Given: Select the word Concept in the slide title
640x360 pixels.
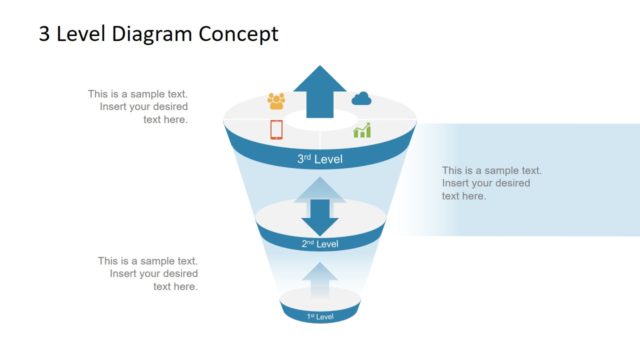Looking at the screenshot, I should pyautogui.click(x=239, y=35).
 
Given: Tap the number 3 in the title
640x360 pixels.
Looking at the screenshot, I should pyautogui.click(x=44, y=35).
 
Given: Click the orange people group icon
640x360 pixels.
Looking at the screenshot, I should pyautogui.click(x=276, y=100).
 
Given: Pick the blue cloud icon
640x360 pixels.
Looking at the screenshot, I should pyautogui.click(x=362, y=98).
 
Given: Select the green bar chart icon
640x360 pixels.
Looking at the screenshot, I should pyautogui.click(x=362, y=130).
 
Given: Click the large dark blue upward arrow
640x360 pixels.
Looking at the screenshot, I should pyautogui.click(x=320, y=91).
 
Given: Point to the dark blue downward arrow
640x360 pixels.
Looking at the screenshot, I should pyautogui.click(x=320, y=216).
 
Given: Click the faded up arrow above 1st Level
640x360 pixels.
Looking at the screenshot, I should pyautogui.click(x=320, y=279).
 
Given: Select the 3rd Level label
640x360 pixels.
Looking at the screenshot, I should pyautogui.click(x=320, y=159).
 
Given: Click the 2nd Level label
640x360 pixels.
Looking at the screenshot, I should pyautogui.click(x=320, y=243).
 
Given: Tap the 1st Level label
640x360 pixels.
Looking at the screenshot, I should pyautogui.click(x=320, y=317).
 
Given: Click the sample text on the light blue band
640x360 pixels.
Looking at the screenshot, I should pyautogui.click(x=491, y=183).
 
